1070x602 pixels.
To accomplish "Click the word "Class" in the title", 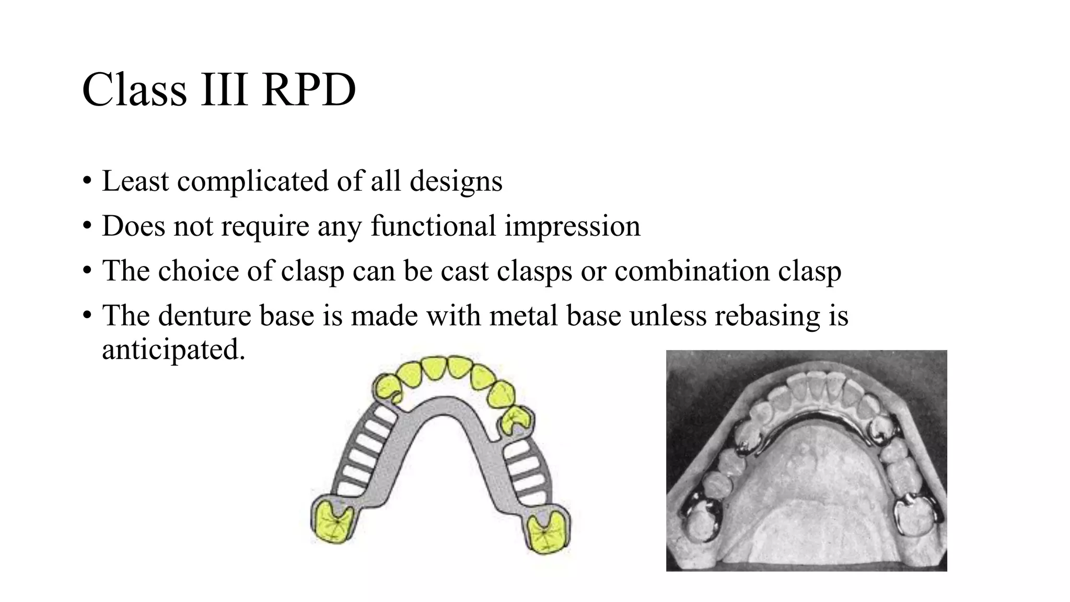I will [x=134, y=90].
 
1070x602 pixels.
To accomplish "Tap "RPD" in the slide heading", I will [x=309, y=90].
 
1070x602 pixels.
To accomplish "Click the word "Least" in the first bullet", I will [x=135, y=181].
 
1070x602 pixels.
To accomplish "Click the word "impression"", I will [x=572, y=226].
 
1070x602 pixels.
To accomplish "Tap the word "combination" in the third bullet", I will [x=691, y=271].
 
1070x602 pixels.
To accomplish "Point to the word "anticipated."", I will [x=173, y=349].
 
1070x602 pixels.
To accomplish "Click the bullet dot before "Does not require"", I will [x=87, y=227].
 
